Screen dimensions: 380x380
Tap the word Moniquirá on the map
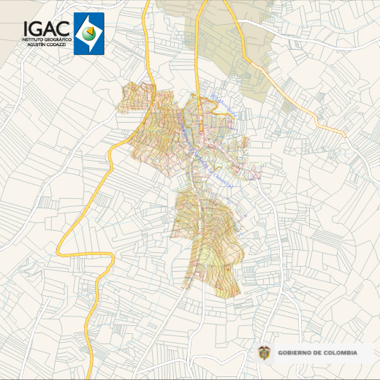point(222,104)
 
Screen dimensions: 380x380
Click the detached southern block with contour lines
point(208,241)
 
